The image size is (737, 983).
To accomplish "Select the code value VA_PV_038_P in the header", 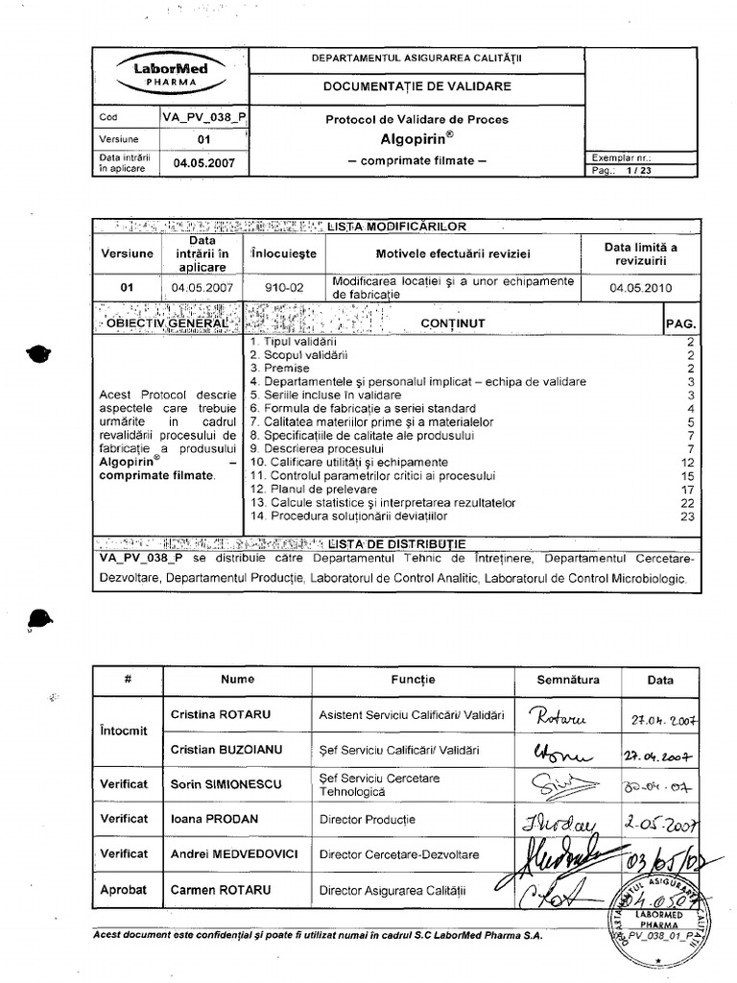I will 203,118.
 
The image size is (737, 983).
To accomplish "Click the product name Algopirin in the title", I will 414,139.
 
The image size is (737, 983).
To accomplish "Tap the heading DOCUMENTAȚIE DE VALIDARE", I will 416,86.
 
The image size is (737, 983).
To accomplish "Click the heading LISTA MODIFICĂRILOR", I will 396,227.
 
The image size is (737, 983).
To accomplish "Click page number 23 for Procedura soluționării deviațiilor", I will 687,515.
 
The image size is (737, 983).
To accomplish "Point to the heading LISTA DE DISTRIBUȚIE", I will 396,542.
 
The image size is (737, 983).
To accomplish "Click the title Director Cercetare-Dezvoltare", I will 397,854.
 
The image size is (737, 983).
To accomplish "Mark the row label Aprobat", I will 124,890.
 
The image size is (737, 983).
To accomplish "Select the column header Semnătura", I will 568,680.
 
